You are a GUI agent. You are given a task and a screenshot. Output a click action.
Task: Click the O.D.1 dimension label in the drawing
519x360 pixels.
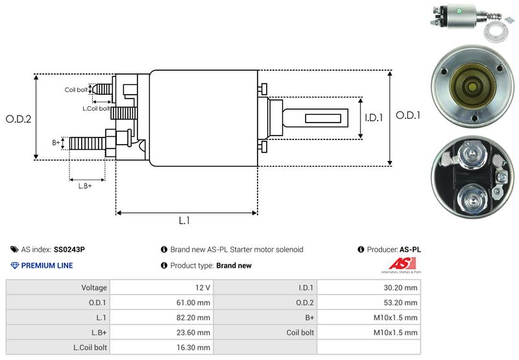pos(408,115)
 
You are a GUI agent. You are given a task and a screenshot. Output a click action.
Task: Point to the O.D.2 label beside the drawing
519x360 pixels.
pos(19,119)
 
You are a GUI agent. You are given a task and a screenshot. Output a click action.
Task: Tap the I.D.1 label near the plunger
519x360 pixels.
pos(374,117)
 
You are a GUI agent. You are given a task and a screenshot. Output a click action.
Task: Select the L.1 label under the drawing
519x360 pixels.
pos(184,221)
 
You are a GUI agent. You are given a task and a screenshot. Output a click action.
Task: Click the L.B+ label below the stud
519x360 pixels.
pos(85,186)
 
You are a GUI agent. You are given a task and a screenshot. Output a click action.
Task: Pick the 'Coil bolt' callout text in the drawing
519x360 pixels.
pos(76,90)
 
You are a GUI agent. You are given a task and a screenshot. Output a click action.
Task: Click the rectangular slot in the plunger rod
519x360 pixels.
pos(322,119)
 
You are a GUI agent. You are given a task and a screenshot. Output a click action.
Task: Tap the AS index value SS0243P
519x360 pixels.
pos(69,250)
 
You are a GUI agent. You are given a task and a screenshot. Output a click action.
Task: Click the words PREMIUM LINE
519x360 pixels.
pos(47,265)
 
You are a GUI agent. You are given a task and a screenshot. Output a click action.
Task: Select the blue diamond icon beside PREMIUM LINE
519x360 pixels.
pos(15,265)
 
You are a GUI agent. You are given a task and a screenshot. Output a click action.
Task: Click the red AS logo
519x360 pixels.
pos(402,264)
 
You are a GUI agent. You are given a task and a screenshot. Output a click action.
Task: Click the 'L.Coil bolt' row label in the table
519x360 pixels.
pos(90,348)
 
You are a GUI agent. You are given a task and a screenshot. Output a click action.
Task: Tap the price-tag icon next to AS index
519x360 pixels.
pos(14,250)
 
